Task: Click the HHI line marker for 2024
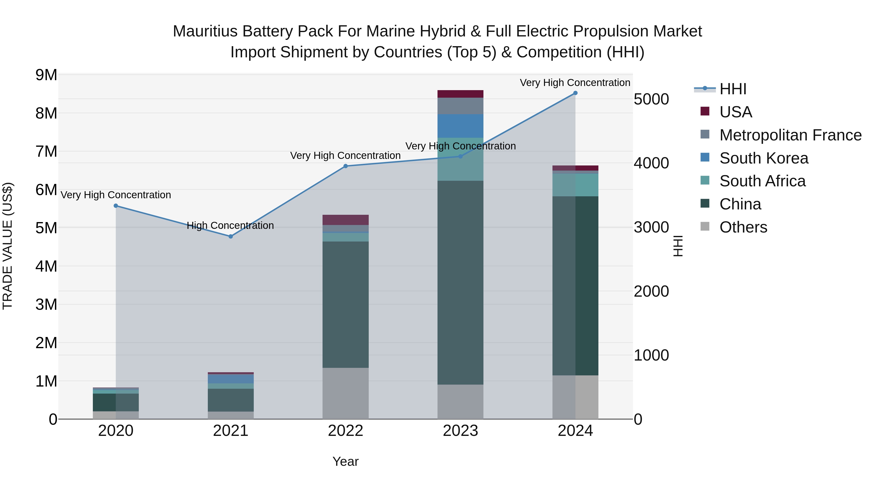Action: click(x=575, y=93)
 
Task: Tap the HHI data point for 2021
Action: click(x=231, y=236)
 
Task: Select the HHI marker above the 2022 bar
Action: click(x=345, y=166)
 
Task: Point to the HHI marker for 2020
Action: click(x=116, y=206)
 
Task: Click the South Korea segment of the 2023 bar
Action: click(x=460, y=126)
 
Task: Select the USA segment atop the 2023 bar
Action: click(x=460, y=94)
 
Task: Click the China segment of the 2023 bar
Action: click(x=460, y=283)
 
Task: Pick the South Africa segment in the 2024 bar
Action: click(x=575, y=185)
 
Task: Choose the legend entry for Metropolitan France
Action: click(x=790, y=135)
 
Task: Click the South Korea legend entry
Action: click(x=764, y=158)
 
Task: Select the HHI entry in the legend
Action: click(x=733, y=89)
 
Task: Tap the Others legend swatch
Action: click(x=705, y=226)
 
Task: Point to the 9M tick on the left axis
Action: click(x=46, y=75)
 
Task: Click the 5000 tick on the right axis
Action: click(x=651, y=99)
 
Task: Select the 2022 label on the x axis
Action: click(x=345, y=431)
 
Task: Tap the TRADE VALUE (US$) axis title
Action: click(x=8, y=246)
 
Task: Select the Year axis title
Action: click(x=345, y=461)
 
